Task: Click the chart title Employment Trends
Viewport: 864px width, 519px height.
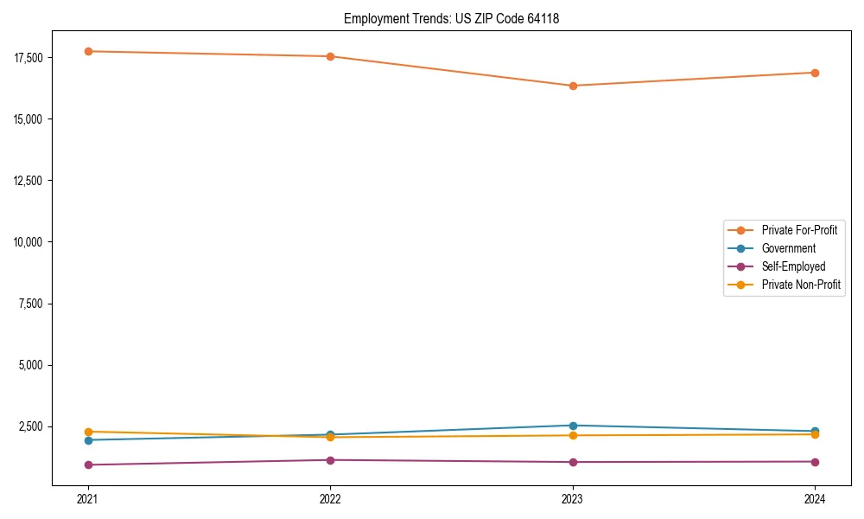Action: tap(451, 18)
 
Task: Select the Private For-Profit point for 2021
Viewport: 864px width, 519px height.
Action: tap(88, 51)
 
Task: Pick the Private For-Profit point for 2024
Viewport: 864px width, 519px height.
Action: tap(815, 73)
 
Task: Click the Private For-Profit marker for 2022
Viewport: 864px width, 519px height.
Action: tap(330, 56)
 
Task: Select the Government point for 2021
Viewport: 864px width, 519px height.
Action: tap(88, 440)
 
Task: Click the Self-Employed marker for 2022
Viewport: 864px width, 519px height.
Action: tap(330, 460)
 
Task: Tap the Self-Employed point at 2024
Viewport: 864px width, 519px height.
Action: tap(815, 461)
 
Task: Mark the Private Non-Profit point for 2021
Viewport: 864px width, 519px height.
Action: tap(88, 432)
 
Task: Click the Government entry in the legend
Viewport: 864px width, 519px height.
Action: tap(788, 248)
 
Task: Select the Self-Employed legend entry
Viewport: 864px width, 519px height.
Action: tap(793, 266)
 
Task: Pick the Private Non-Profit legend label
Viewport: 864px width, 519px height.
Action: tap(801, 285)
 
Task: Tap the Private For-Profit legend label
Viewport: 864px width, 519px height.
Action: tap(799, 230)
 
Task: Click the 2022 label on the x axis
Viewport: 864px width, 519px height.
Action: tap(330, 499)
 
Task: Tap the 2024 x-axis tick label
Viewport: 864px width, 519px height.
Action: tap(815, 499)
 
